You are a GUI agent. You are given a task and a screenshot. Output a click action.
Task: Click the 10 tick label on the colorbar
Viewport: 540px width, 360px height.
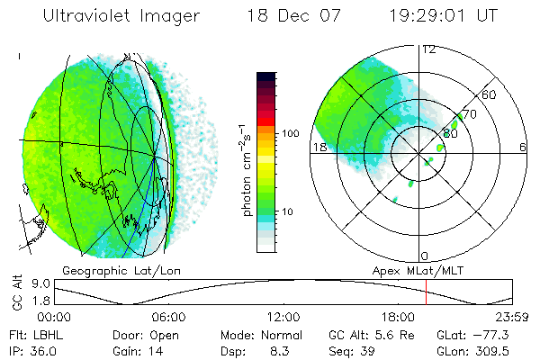click(289, 211)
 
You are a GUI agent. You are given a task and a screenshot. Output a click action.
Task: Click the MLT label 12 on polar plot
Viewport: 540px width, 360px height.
click(428, 49)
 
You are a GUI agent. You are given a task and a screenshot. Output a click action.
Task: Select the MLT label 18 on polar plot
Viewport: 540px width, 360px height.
click(318, 147)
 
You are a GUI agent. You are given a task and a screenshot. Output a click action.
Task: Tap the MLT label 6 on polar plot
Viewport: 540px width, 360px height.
click(522, 147)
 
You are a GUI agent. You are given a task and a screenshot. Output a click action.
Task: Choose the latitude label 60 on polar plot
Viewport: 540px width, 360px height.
click(490, 94)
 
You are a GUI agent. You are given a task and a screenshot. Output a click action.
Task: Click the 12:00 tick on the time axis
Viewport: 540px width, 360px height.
click(283, 317)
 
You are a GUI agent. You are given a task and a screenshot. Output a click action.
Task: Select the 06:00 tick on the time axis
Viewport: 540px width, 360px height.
click(168, 317)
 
